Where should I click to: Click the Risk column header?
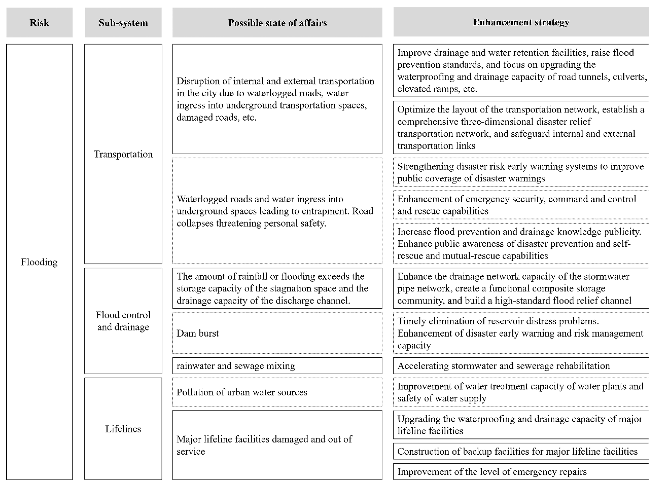pos(39,23)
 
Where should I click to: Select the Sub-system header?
pos(123,23)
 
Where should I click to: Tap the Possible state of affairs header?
pos(277,23)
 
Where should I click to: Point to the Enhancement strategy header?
pos(521,22)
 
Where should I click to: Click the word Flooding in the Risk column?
pos(39,262)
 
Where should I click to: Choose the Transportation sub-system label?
pos(123,154)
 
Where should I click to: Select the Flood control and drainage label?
pos(123,321)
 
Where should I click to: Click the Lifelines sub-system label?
pos(123,429)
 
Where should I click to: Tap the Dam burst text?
pos(197,333)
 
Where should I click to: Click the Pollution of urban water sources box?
pos(277,392)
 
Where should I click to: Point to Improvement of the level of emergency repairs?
pos(521,472)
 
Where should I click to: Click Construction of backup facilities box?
pos(521,451)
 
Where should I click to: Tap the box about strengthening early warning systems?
pos(521,172)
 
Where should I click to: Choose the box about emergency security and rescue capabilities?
pos(521,205)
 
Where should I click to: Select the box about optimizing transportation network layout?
pos(521,127)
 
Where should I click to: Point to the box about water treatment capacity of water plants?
pos(521,392)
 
